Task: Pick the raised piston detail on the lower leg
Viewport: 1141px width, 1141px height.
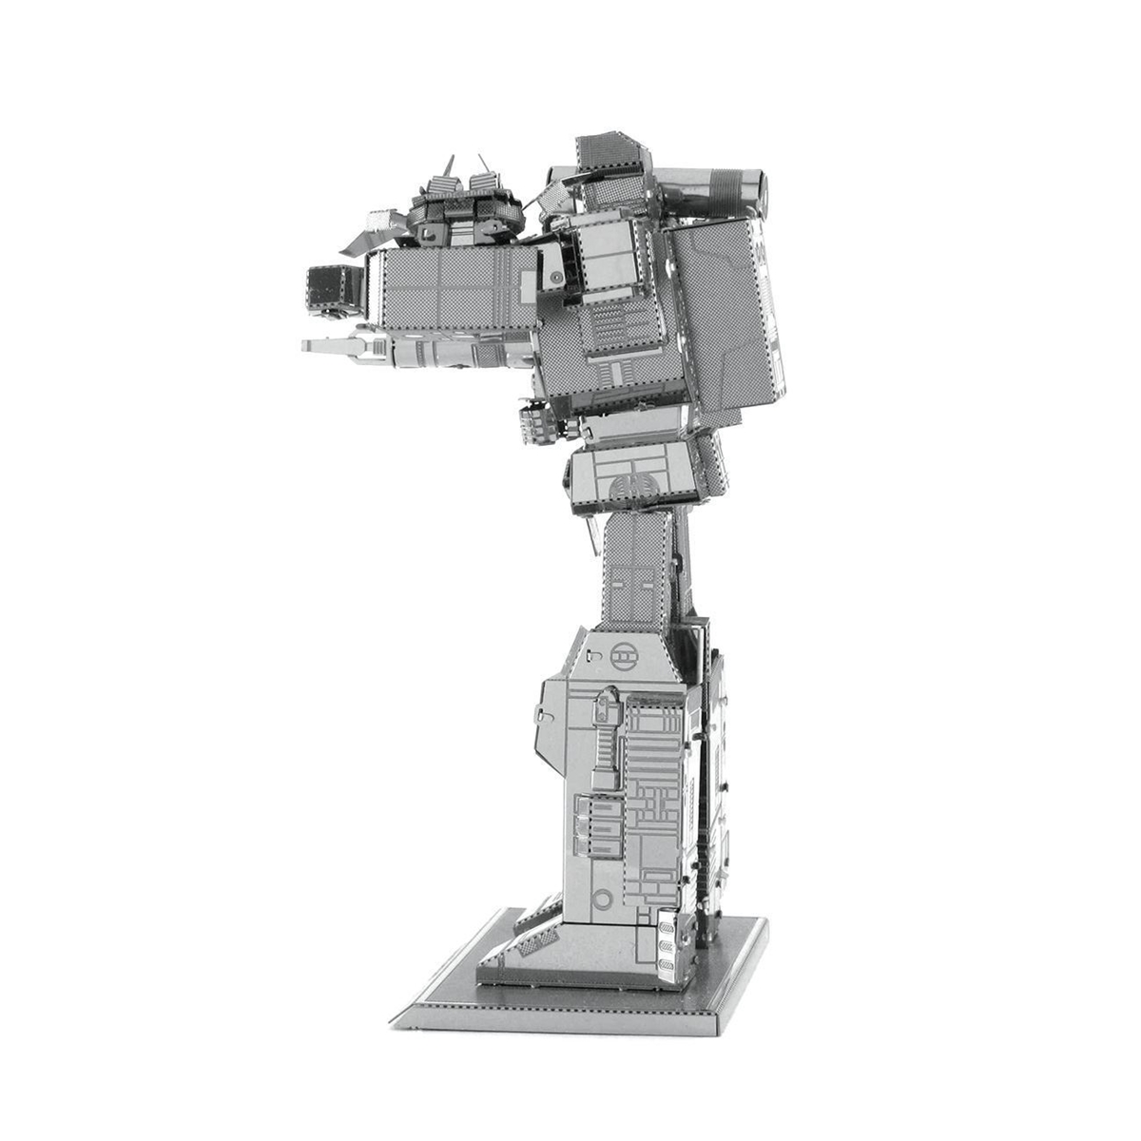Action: (603, 742)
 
